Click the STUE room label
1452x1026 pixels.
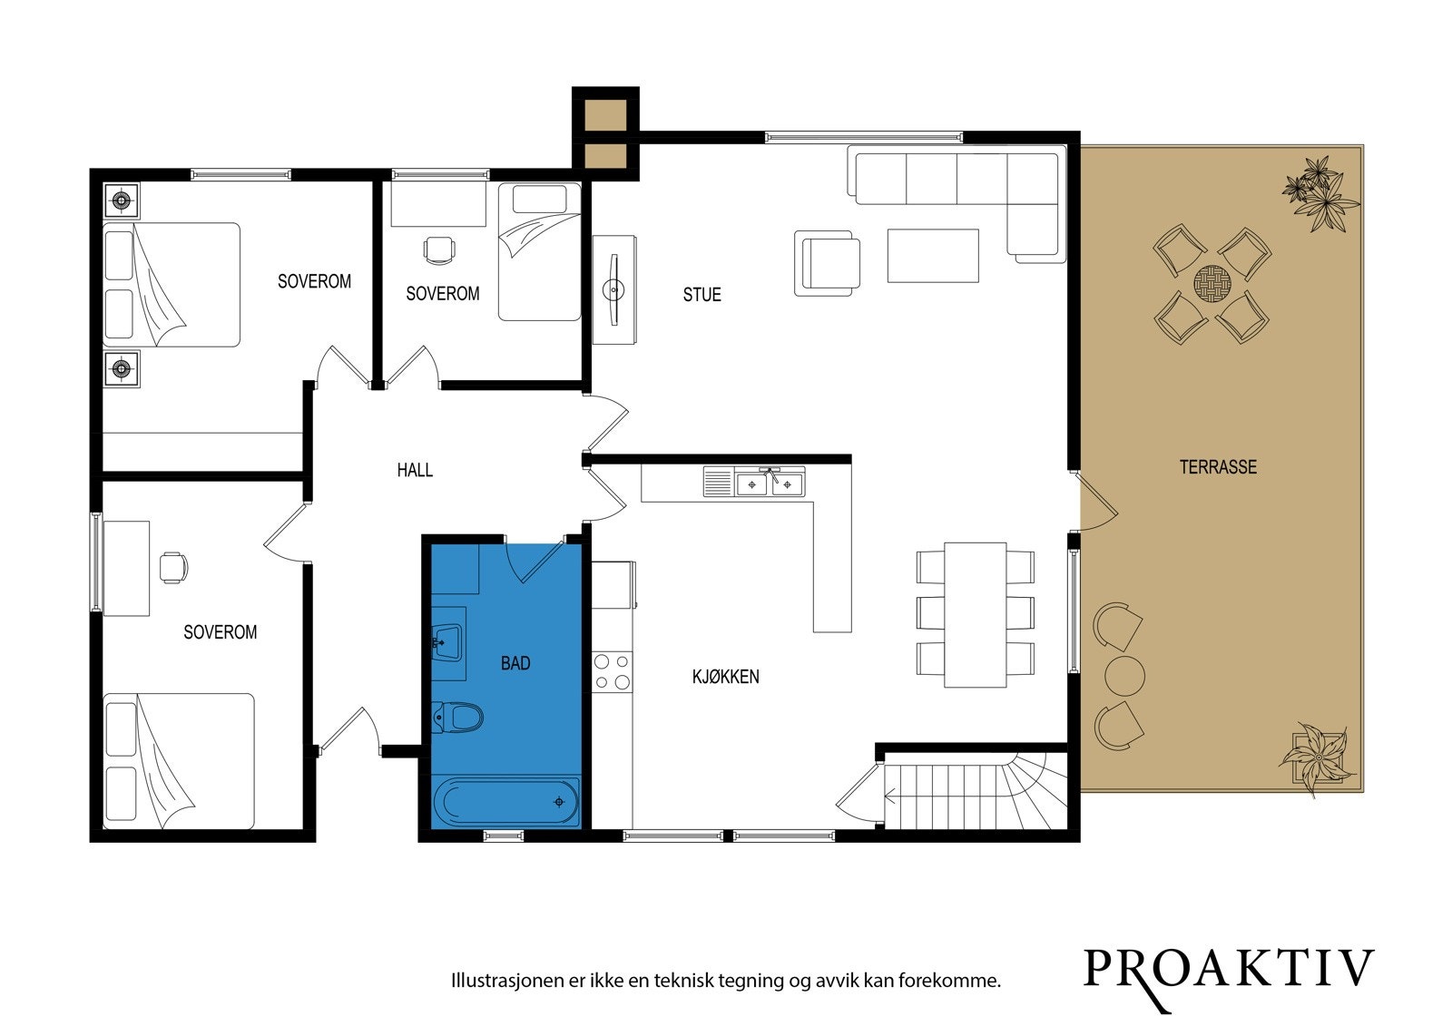(x=702, y=295)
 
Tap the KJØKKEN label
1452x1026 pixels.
(x=725, y=677)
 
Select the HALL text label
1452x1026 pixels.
(x=415, y=470)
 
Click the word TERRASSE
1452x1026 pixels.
(x=1218, y=466)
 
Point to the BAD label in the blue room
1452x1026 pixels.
(x=515, y=663)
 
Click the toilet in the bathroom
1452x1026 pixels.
(x=457, y=718)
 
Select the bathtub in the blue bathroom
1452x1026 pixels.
(x=505, y=802)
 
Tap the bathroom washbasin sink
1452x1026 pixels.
(x=447, y=642)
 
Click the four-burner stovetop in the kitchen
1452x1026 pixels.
(x=612, y=671)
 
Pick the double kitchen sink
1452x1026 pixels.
(x=770, y=484)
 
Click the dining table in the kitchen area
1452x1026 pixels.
(x=975, y=614)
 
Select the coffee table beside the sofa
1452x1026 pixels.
(x=933, y=255)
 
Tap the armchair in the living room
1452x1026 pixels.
(x=827, y=264)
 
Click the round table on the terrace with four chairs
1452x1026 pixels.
(x=1212, y=283)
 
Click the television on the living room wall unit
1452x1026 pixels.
(x=613, y=289)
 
